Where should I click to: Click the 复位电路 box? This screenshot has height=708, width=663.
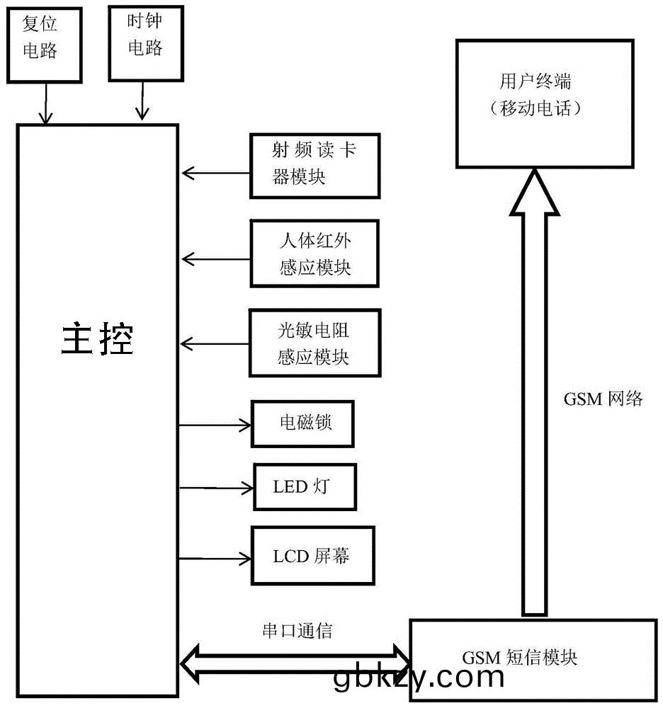coord(44,43)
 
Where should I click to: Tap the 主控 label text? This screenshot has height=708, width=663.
coord(98,339)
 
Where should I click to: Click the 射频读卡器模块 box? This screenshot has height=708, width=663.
coord(314,165)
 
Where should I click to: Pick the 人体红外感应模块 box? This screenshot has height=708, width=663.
coord(314,253)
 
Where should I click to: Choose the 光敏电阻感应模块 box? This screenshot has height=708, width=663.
coord(314,343)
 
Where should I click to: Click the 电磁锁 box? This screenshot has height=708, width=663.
coord(302,424)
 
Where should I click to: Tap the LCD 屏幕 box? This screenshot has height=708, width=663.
coord(312,556)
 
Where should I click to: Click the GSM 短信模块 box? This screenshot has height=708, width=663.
coord(533,658)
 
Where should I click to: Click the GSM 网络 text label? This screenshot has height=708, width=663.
coord(603,399)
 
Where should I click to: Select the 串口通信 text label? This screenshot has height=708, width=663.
coord(297,632)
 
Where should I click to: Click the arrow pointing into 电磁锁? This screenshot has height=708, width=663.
coord(215,425)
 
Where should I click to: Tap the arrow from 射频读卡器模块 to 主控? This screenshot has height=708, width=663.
coord(215,172)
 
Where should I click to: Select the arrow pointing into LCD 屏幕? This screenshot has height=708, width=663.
coord(215,559)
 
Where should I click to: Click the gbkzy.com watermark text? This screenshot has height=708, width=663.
coord(418,678)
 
